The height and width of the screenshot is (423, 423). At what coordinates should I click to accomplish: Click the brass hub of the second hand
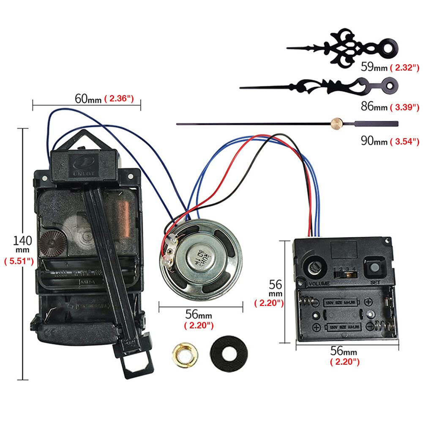(337, 123)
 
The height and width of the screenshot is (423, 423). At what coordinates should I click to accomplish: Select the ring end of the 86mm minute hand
(388, 85)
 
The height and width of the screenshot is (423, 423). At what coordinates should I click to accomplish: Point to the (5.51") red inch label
(19, 261)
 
